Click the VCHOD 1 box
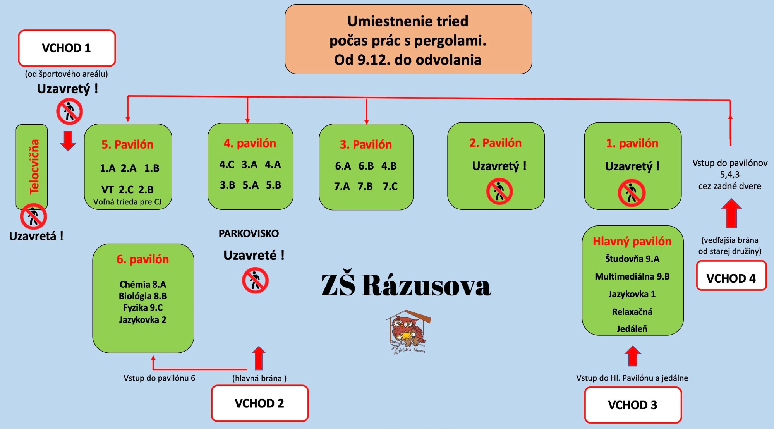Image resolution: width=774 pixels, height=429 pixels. click(x=67, y=48)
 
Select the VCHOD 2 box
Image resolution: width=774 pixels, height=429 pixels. click(x=259, y=403)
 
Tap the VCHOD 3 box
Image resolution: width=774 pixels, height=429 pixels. click(x=633, y=405)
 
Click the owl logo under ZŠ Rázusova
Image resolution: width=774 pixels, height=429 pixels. click(x=408, y=331)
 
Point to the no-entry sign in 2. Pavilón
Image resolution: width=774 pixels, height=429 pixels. click(x=499, y=191)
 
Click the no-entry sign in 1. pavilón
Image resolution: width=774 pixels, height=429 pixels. click(x=632, y=193)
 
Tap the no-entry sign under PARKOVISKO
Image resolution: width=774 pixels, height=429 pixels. click(x=255, y=281)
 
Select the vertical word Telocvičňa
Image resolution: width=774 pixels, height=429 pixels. click(x=34, y=166)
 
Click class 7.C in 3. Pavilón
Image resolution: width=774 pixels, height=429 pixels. click(x=390, y=187)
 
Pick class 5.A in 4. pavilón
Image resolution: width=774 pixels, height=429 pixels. click(x=251, y=185)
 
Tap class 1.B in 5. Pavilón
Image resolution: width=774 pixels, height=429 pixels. click(x=152, y=168)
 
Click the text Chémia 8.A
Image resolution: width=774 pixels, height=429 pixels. click(x=142, y=285)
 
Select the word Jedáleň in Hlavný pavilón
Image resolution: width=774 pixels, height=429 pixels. click(x=632, y=329)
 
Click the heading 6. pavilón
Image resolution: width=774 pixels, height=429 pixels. click(x=142, y=259)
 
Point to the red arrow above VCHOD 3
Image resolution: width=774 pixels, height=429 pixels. click(x=633, y=356)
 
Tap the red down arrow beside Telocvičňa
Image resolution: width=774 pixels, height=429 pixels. click(x=68, y=141)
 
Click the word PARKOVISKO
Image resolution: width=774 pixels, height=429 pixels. click(x=249, y=233)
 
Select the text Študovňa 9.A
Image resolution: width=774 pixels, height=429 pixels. click(x=632, y=259)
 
